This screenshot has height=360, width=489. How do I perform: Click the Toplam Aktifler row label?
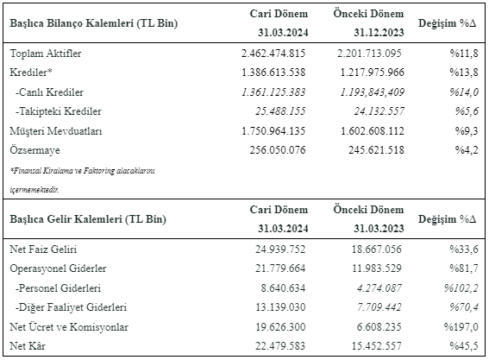[x=46, y=54]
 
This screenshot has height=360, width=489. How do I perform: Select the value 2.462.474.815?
[x=273, y=54]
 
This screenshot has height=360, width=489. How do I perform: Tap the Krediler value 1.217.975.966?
[x=372, y=73]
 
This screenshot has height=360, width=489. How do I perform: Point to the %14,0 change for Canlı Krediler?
[x=464, y=92]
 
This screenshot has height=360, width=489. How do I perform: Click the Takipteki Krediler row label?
[x=59, y=111]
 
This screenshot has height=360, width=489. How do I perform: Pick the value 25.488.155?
[x=280, y=111]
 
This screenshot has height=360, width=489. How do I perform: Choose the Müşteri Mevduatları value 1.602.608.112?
[x=372, y=131]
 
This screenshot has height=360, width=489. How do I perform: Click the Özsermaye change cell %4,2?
[x=467, y=150]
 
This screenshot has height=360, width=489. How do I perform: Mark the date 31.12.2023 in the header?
[x=379, y=33]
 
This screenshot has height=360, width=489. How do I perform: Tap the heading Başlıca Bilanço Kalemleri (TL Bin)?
[x=93, y=23]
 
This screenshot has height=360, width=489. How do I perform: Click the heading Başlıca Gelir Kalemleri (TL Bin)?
[x=88, y=219]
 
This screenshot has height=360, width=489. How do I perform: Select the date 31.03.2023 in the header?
[x=379, y=229]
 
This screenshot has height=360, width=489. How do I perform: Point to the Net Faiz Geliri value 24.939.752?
[x=280, y=249]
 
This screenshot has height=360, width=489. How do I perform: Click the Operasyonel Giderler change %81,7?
[x=464, y=268]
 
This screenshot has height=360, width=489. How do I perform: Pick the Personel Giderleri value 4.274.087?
[x=379, y=287]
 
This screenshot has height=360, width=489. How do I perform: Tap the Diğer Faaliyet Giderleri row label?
[x=71, y=307]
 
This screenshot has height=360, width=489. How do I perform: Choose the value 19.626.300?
[x=280, y=327]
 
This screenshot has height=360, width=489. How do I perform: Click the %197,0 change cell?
[x=461, y=327]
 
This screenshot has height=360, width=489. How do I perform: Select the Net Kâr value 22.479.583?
[x=280, y=346]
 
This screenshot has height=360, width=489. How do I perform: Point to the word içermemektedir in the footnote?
[x=34, y=190]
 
